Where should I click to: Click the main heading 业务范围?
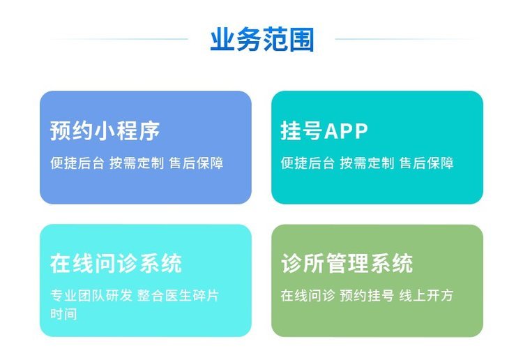(x=262, y=39)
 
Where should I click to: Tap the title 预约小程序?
(x=105, y=130)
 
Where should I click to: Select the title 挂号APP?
(x=324, y=130)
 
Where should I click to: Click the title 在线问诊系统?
(x=116, y=263)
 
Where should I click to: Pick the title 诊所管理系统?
(x=347, y=263)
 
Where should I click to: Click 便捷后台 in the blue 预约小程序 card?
(x=77, y=163)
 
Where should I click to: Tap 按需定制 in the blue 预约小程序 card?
(x=137, y=163)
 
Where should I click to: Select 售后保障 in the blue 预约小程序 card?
(x=196, y=163)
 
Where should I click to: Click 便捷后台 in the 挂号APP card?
(x=308, y=163)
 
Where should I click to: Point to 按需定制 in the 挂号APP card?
(x=367, y=163)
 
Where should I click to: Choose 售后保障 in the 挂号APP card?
(x=427, y=163)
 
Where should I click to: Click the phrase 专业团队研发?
(x=91, y=295)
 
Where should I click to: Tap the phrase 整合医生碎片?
(x=178, y=295)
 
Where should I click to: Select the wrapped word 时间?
(x=63, y=314)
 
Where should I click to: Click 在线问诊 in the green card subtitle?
(x=308, y=295)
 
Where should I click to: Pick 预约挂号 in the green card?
(x=367, y=295)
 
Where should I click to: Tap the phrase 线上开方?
(x=426, y=295)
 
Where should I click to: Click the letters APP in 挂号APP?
(x=346, y=130)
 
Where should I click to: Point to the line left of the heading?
(x=119, y=39)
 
